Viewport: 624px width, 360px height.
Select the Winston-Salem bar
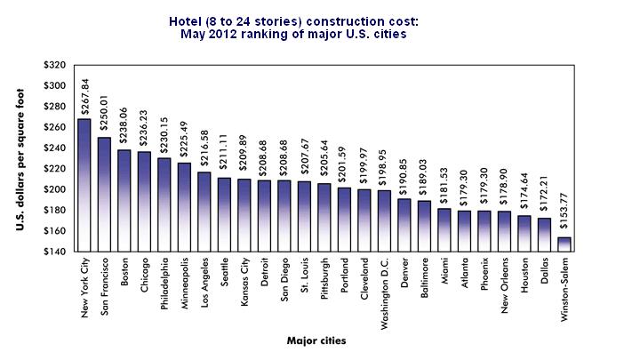pyautogui.click(x=564, y=244)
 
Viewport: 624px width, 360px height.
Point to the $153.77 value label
pyautogui.click(x=564, y=217)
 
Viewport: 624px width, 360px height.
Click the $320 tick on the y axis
pyautogui.click(x=55, y=65)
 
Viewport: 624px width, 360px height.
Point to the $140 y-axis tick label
pyautogui.click(x=55, y=252)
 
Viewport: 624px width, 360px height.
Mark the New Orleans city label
pyautogui.click(x=505, y=284)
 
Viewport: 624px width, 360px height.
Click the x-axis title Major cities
pyautogui.click(x=317, y=340)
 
